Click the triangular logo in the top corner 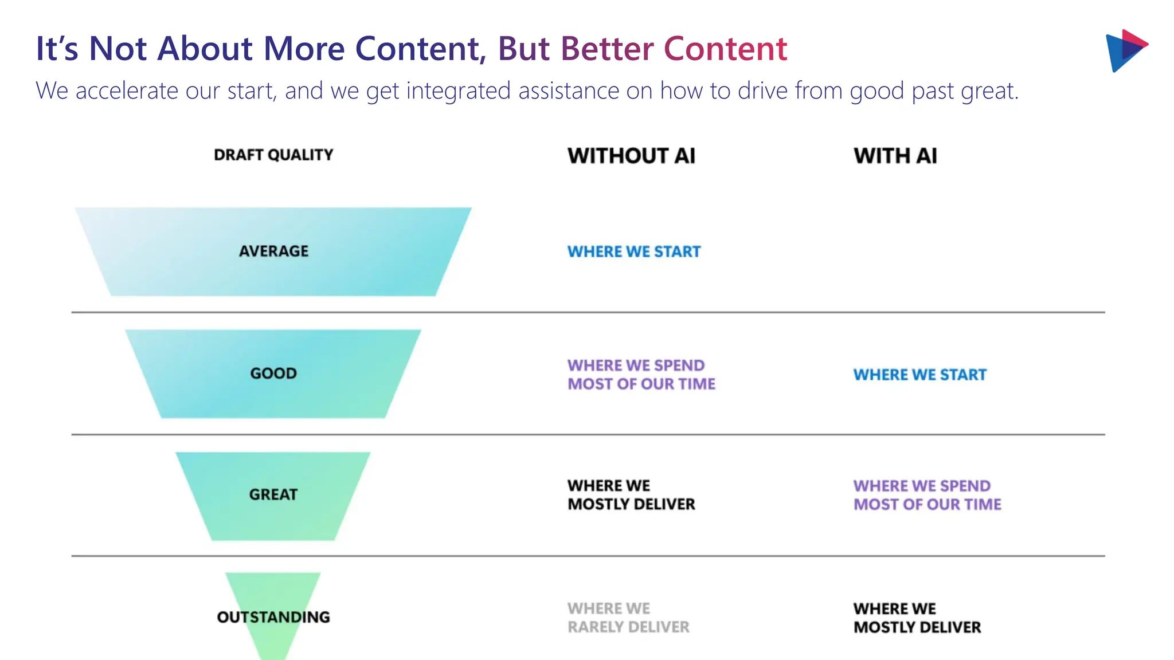[x=1125, y=50]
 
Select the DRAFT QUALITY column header [x=273, y=155]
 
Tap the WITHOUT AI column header [x=631, y=156]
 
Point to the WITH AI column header [x=895, y=156]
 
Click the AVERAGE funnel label [x=273, y=251]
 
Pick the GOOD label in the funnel [x=273, y=374]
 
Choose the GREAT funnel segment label [x=273, y=494]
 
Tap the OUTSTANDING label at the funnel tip [x=273, y=617]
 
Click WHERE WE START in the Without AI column [x=633, y=252]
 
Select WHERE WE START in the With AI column [x=919, y=375]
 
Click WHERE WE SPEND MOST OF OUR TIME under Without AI [x=641, y=375]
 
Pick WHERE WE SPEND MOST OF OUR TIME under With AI [x=927, y=495]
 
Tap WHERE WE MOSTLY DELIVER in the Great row [x=631, y=495]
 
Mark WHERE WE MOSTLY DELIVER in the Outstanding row [x=917, y=618]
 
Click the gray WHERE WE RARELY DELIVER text [x=628, y=618]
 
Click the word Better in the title [x=606, y=49]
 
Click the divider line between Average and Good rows [x=588, y=312]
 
